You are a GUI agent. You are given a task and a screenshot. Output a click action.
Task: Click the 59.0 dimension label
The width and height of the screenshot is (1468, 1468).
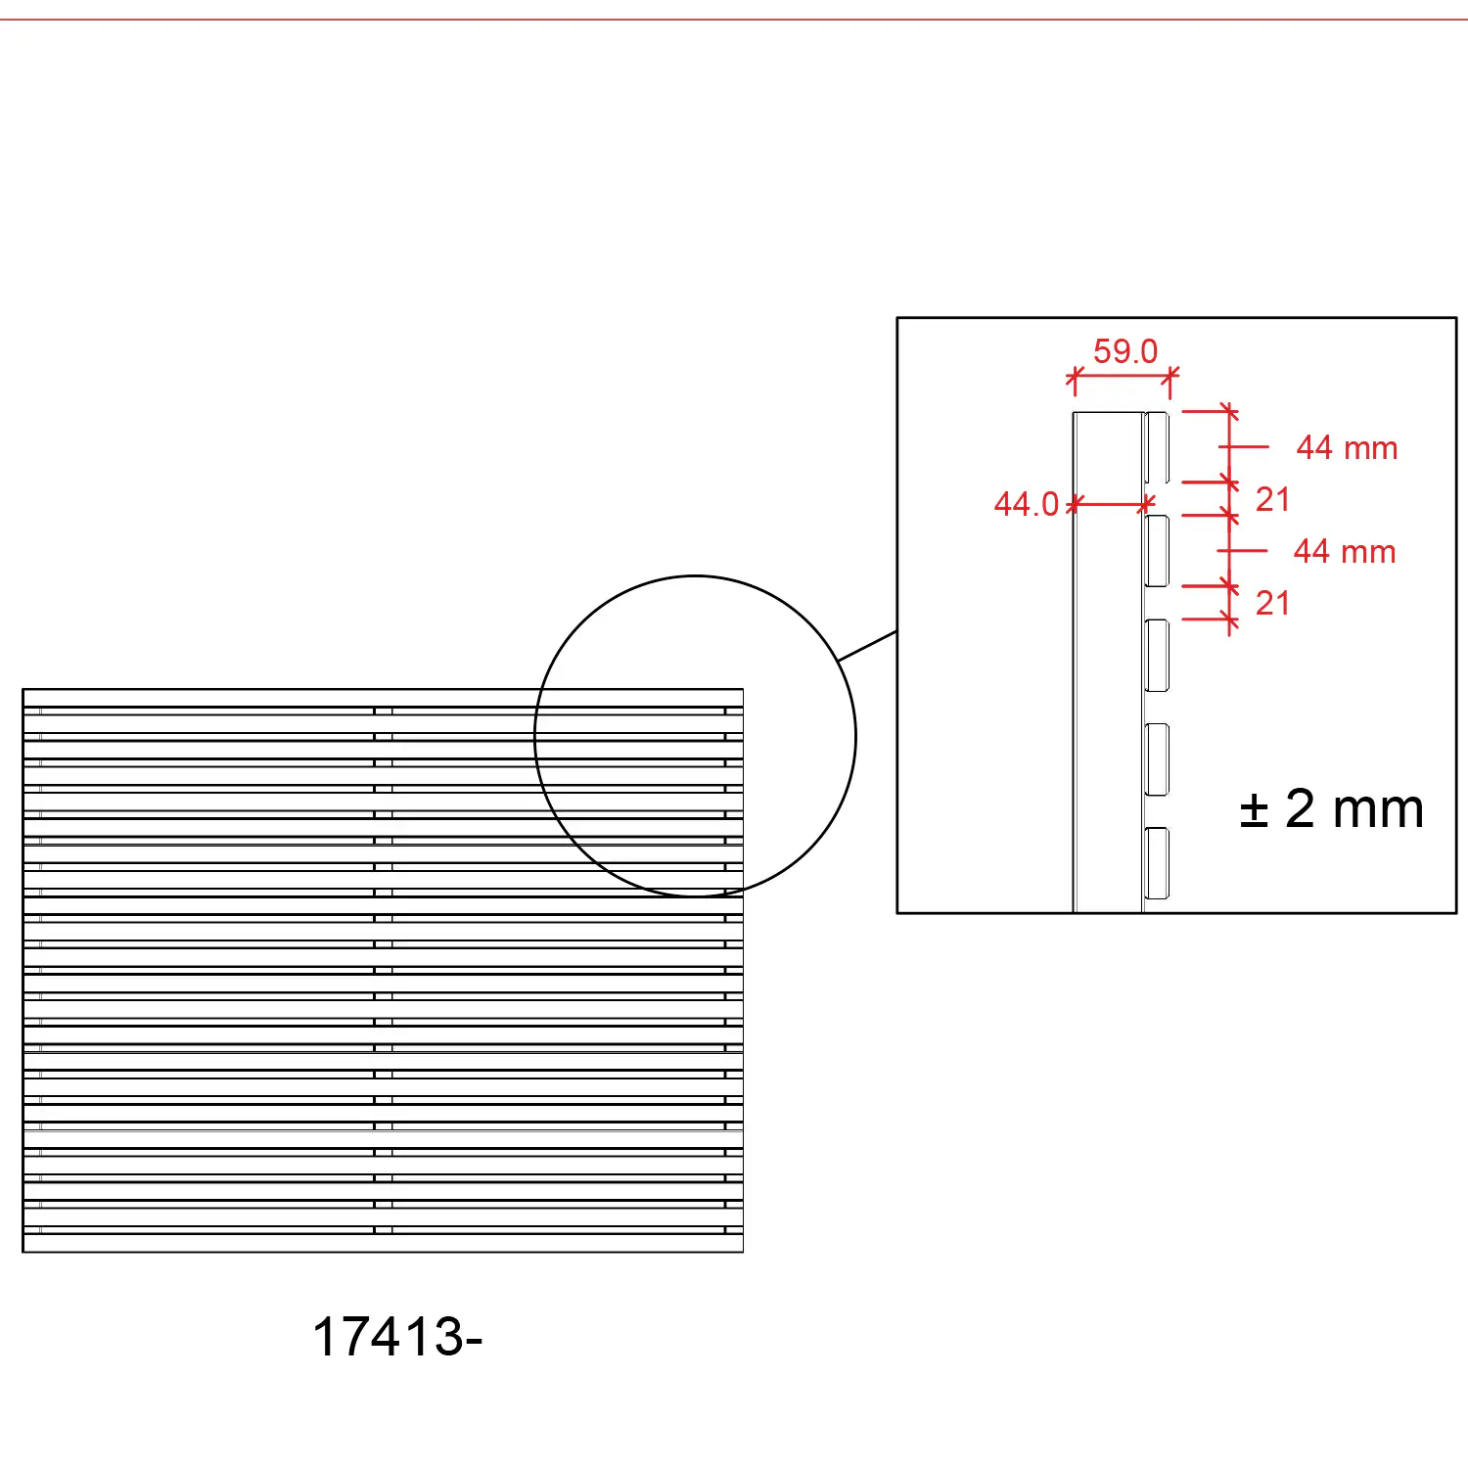coord(1125,351)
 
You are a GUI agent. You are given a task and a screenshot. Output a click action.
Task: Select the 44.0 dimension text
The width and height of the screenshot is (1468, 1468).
coord(1027,504)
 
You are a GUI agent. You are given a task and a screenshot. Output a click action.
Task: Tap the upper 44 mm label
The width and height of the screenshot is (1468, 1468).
coord(1347,448)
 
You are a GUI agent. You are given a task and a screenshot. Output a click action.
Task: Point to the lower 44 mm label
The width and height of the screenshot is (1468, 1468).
coord(1345,552)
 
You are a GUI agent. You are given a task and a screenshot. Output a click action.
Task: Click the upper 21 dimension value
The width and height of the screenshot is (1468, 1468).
coord(1272,500)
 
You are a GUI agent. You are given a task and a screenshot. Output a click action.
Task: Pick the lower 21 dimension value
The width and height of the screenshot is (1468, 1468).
coord(1272,604)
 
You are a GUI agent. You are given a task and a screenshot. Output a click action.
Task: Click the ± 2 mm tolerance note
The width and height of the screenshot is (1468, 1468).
coord(1331,809)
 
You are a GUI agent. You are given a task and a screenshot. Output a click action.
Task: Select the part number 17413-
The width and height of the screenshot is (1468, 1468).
coord(397,1337)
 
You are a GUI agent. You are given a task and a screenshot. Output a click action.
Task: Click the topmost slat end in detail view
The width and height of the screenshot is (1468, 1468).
coord(1157,447)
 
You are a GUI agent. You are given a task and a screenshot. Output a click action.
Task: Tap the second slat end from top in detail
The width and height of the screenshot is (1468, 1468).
coord(1157,551)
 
